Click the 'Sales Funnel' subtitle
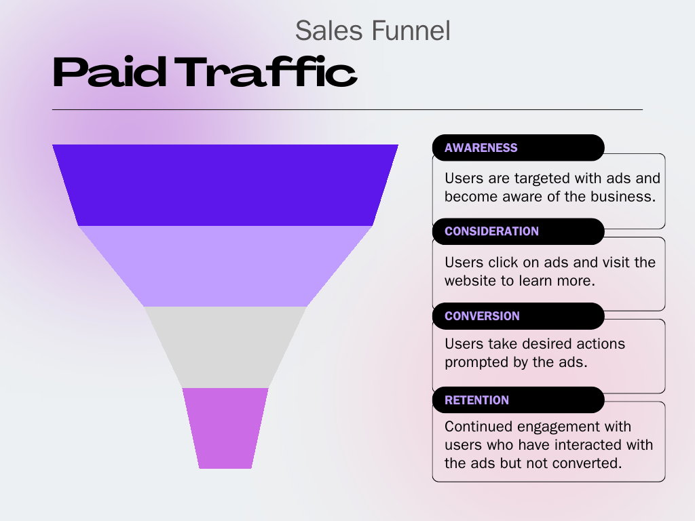click(x=373, y=31)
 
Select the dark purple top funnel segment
click(x=225, y=185)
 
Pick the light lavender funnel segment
click(x=225, y=266)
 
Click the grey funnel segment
click(x=225, y=347)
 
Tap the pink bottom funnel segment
click(x=225, y=427)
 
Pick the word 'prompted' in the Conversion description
click(x=474, y=362)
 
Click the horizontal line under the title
click(x=347, y=109)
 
